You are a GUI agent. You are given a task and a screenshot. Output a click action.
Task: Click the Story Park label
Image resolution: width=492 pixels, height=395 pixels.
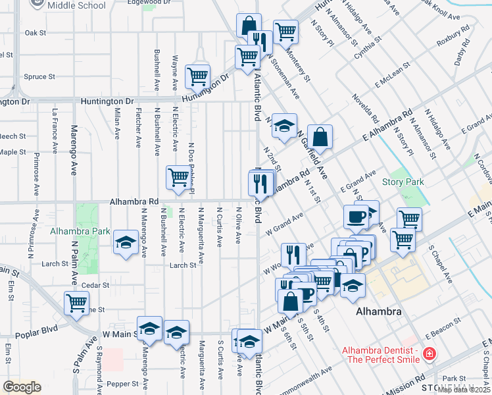pos(403,182)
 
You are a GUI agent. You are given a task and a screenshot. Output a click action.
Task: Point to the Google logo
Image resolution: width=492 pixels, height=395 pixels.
pos(22,387)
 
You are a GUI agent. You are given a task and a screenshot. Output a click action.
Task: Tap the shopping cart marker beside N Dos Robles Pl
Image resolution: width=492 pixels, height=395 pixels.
pos(178,178)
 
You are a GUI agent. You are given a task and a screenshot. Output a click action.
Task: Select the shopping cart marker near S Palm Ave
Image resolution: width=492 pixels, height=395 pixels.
pos(77,303)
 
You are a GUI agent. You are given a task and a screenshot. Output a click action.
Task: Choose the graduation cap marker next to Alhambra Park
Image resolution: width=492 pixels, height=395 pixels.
pos(125,243)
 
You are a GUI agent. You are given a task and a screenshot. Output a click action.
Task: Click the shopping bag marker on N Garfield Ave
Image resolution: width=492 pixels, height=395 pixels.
pos(320,137)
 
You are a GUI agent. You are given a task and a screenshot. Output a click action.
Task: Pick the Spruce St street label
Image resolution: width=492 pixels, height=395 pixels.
pos(39,77)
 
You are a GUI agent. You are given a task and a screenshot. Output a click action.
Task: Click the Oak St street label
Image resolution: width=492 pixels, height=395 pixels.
pos(35,32)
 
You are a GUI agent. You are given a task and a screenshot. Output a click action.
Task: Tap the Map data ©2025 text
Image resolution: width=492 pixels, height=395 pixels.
pos(464,390)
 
